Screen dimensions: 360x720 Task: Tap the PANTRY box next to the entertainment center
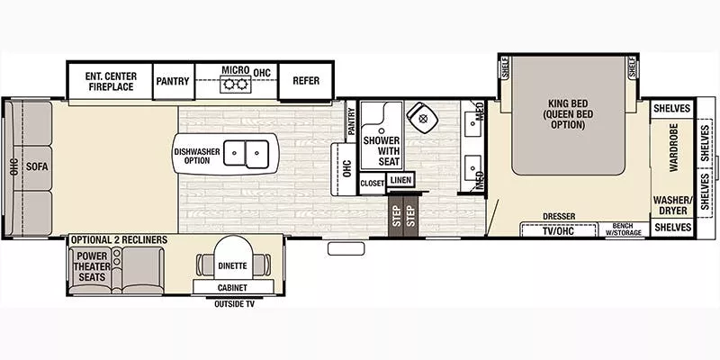pyautogui.click(x=172, y=81)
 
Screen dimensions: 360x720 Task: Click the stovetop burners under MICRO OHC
pyautogui.click(x=236, y=86)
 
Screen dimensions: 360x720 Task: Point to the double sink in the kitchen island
pyautogui.click(x=247, y=154)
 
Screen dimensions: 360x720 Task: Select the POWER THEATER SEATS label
pyautogui.click(x=92, y=265)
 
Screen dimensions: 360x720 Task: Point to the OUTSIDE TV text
pyautogui.click(x=235, y=304)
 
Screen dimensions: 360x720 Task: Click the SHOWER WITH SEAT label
pyautogui.click(x=382, y=151)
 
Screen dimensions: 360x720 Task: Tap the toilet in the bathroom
pyautogui.click(x=419, y=116)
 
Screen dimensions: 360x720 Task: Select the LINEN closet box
pyautogui.click(x=400, y=180)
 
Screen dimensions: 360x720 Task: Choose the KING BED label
pyautogui.click(x=567, y=114)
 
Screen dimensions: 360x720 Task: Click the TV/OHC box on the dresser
pyautogui.click(x=558, y=229)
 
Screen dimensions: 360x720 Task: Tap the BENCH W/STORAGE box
pyautogui.click(x=624, y=229)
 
